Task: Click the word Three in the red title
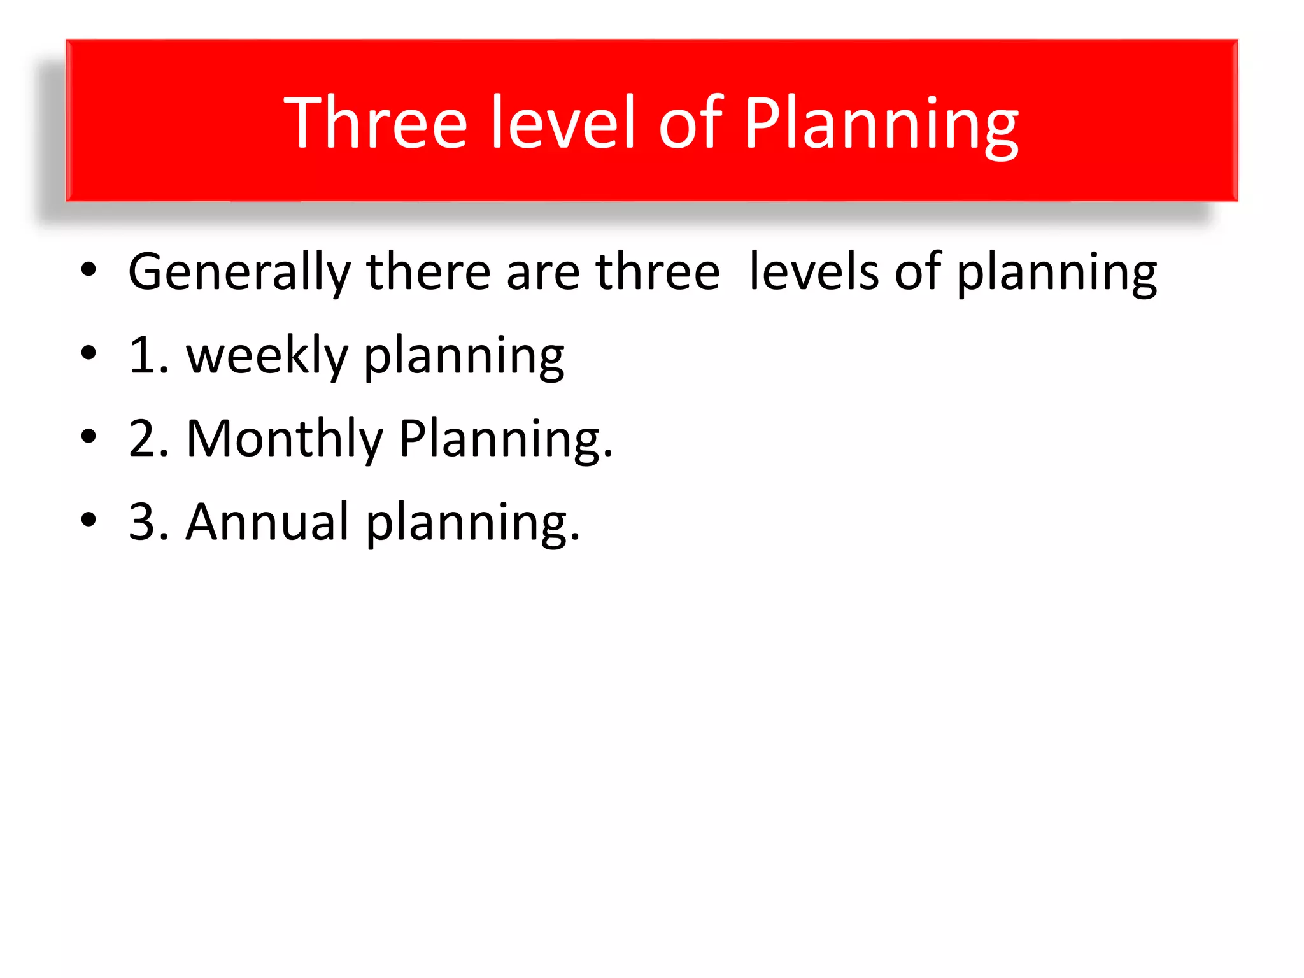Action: pyautogui.click(x=376, y=122)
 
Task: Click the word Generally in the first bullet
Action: pyautogui.click(x=239, y=273)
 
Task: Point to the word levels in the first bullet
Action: pyautogui.click(x=814, y=271)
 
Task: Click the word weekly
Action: pyautogui.click(x=267, y=356)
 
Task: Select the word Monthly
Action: pyautogui.click(x=285, y=439)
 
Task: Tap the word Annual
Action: pyautogui.click(x=267, y=522)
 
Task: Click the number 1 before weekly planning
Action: pyautogui.click(x=141, y=356)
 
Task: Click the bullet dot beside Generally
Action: pyautogui.click(x=89, y=270)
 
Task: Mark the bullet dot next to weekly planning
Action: pyautogui.click(x=89, y=353)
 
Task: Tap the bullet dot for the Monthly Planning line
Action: pyautogui.click(x=89, y=437)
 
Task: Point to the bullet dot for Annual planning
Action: pyautogui.click(x=89, y=520)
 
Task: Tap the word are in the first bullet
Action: pyautogui.click(x=542, y=273)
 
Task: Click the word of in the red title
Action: pyautogui.click(x=690, y=122)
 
